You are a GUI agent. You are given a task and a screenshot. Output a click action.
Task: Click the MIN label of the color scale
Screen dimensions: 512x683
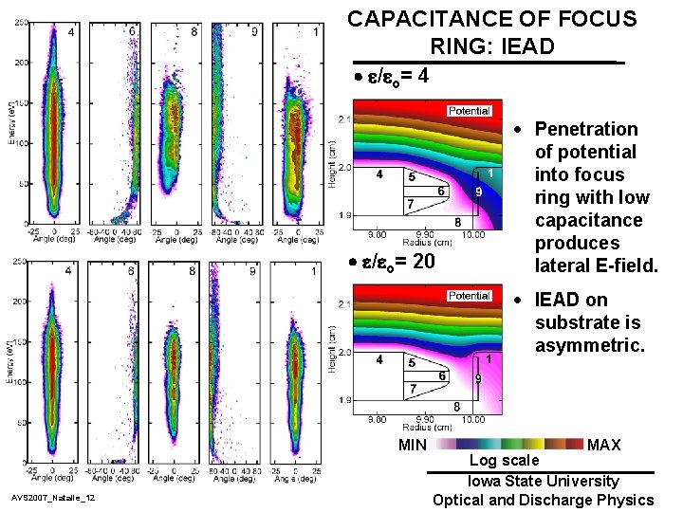click(x=413, y=445)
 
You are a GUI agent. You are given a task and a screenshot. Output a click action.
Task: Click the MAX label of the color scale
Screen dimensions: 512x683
click(x=604, y=445)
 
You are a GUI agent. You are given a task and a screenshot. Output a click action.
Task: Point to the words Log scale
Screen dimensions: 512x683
click(x=505, y=460)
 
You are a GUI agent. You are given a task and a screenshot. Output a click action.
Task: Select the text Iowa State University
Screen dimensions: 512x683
click(x=543, y=482)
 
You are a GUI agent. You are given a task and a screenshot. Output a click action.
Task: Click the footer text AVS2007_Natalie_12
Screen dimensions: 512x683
click(x=53, y=498)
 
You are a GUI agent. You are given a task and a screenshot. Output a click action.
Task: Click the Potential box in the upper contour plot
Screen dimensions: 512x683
click(x=470, y=111)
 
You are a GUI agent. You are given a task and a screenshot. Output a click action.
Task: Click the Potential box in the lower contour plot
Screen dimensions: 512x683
click(x=470, y=296)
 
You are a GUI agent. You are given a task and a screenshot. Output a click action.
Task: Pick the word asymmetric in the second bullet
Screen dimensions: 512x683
click(x=589, y=346)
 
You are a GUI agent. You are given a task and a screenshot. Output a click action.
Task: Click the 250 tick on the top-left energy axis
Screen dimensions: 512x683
click(x=20, y=24)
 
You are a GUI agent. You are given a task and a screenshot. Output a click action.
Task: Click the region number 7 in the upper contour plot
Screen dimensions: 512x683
click(x=410, y=205)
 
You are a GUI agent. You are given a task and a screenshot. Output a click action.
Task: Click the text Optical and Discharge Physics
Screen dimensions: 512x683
click(x=543, y=500)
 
